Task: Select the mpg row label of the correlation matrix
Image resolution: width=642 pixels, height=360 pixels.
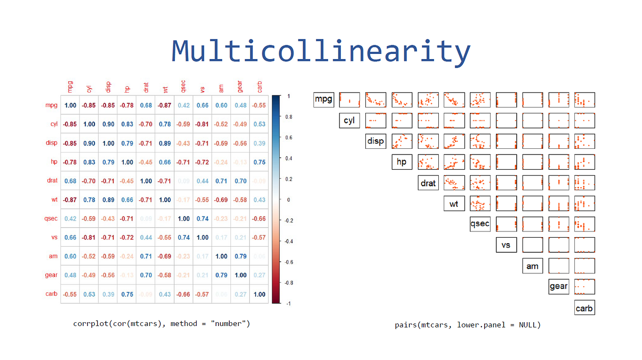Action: pyautogui.click(x=51, y=105)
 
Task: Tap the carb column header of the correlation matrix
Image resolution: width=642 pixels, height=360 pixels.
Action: pyautogui.click(x=259, y=87)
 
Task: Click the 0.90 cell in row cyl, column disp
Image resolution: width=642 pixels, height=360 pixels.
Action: pyautogui.click(x=108, y=124)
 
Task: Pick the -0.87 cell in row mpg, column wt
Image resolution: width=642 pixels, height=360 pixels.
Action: pyautogui.click(x=165, y=105)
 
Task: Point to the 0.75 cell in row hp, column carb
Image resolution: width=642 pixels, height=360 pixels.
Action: pyautogui.click(x=259, y=162)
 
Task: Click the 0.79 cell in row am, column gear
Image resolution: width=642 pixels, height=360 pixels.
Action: pyautogui.click(x=240, y=256)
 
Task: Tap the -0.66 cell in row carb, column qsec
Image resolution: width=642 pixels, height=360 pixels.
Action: pyautogui.click(x=183, y=294)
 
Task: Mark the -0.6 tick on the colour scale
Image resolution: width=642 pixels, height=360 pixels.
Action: pyautogui.click(x=289, y=262)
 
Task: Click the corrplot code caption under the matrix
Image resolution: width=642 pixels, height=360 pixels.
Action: pyautogui.click(x=161, y=324)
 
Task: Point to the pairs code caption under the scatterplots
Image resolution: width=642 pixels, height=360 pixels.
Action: pyautogui.click(x=468, y=325)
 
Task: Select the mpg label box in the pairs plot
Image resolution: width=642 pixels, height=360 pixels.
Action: pyautogui.click(x=324, y=100)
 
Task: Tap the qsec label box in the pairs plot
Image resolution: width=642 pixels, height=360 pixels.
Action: pyautogui.click(x=480, y=223)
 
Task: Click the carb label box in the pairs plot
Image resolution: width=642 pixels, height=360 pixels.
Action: pyautogui.click(x=584, y=308)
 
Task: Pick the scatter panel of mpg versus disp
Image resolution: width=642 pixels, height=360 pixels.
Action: pyautogui.click(x=376, y=100)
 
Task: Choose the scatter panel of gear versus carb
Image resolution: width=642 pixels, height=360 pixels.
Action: pyautogui.click(x=584, y=286)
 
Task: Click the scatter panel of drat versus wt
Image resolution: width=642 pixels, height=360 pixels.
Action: pyautogui.click(x=454, y=182)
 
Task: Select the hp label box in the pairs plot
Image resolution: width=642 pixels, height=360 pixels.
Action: pyautogui.click(x=402, y=162)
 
